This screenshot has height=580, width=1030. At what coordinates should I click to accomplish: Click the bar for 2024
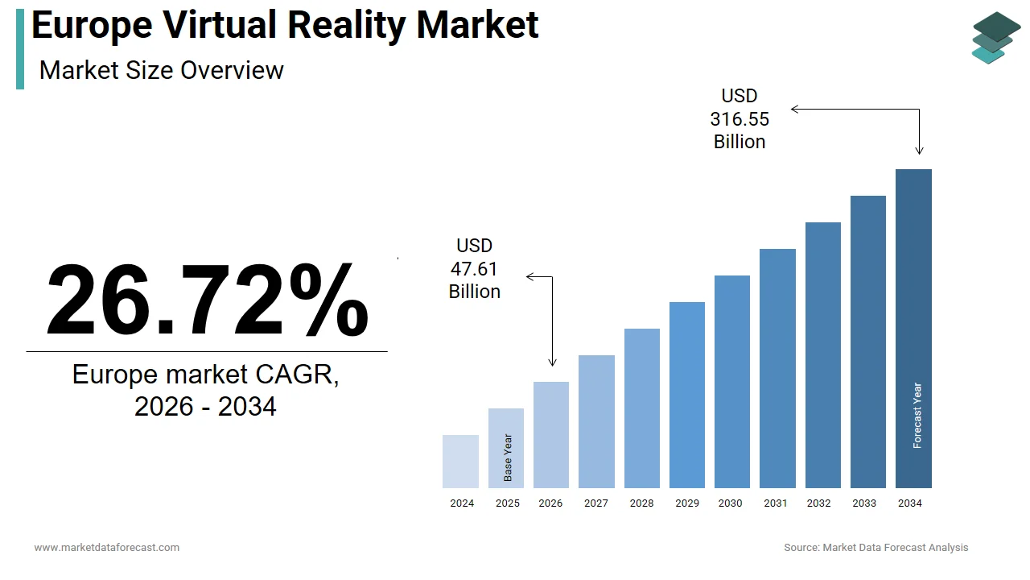[x=460, y=462]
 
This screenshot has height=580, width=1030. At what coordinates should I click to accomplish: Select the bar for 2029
[x=687, y=395]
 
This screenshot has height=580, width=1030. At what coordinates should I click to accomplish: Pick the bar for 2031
[x=777, y=368]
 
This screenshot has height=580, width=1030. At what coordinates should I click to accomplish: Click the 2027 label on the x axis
[x=596, y=503]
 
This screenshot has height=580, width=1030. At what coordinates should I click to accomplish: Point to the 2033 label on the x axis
[x=864, y=503]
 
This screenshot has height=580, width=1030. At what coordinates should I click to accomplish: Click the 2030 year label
[x=731, y=503]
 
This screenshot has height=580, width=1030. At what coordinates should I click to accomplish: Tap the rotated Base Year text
[x=508, y=458]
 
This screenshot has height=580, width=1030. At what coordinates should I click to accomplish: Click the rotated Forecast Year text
[x=917, y=416]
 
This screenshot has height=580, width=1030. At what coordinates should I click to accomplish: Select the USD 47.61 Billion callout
[x=475, y=269]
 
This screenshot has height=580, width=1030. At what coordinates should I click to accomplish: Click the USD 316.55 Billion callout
[x=740, y=119]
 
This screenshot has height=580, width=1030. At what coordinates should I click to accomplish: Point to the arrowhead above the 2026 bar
[x=552, y=362]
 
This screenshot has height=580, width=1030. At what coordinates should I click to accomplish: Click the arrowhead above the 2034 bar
[x=919, y=150]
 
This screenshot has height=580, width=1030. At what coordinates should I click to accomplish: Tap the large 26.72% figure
[x=207, y=300]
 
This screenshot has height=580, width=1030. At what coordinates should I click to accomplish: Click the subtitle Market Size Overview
[x=162, y=70]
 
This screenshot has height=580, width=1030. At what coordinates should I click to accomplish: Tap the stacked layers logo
[x=995, y=38]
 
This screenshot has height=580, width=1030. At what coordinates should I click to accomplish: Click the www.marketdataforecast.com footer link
[x=107, y=548]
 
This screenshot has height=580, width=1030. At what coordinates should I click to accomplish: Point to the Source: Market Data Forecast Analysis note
[x=876, y=548]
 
